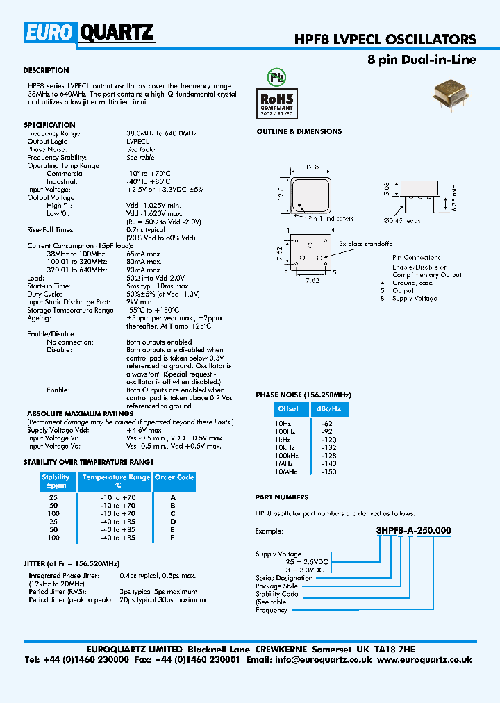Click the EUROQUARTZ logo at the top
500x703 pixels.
coord(90,32)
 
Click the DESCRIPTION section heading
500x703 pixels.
coord(46,70)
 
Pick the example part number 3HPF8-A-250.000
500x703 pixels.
coord(413,530)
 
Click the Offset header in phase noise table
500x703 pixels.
coord(288,408)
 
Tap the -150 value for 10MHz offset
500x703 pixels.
coord(328,471)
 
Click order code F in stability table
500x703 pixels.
coord(173,538)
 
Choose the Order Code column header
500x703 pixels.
coord(174,477)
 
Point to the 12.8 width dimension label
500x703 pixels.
coord(312,167)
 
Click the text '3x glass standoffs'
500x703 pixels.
coord(365,244)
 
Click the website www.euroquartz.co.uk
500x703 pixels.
coord(425,660)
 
